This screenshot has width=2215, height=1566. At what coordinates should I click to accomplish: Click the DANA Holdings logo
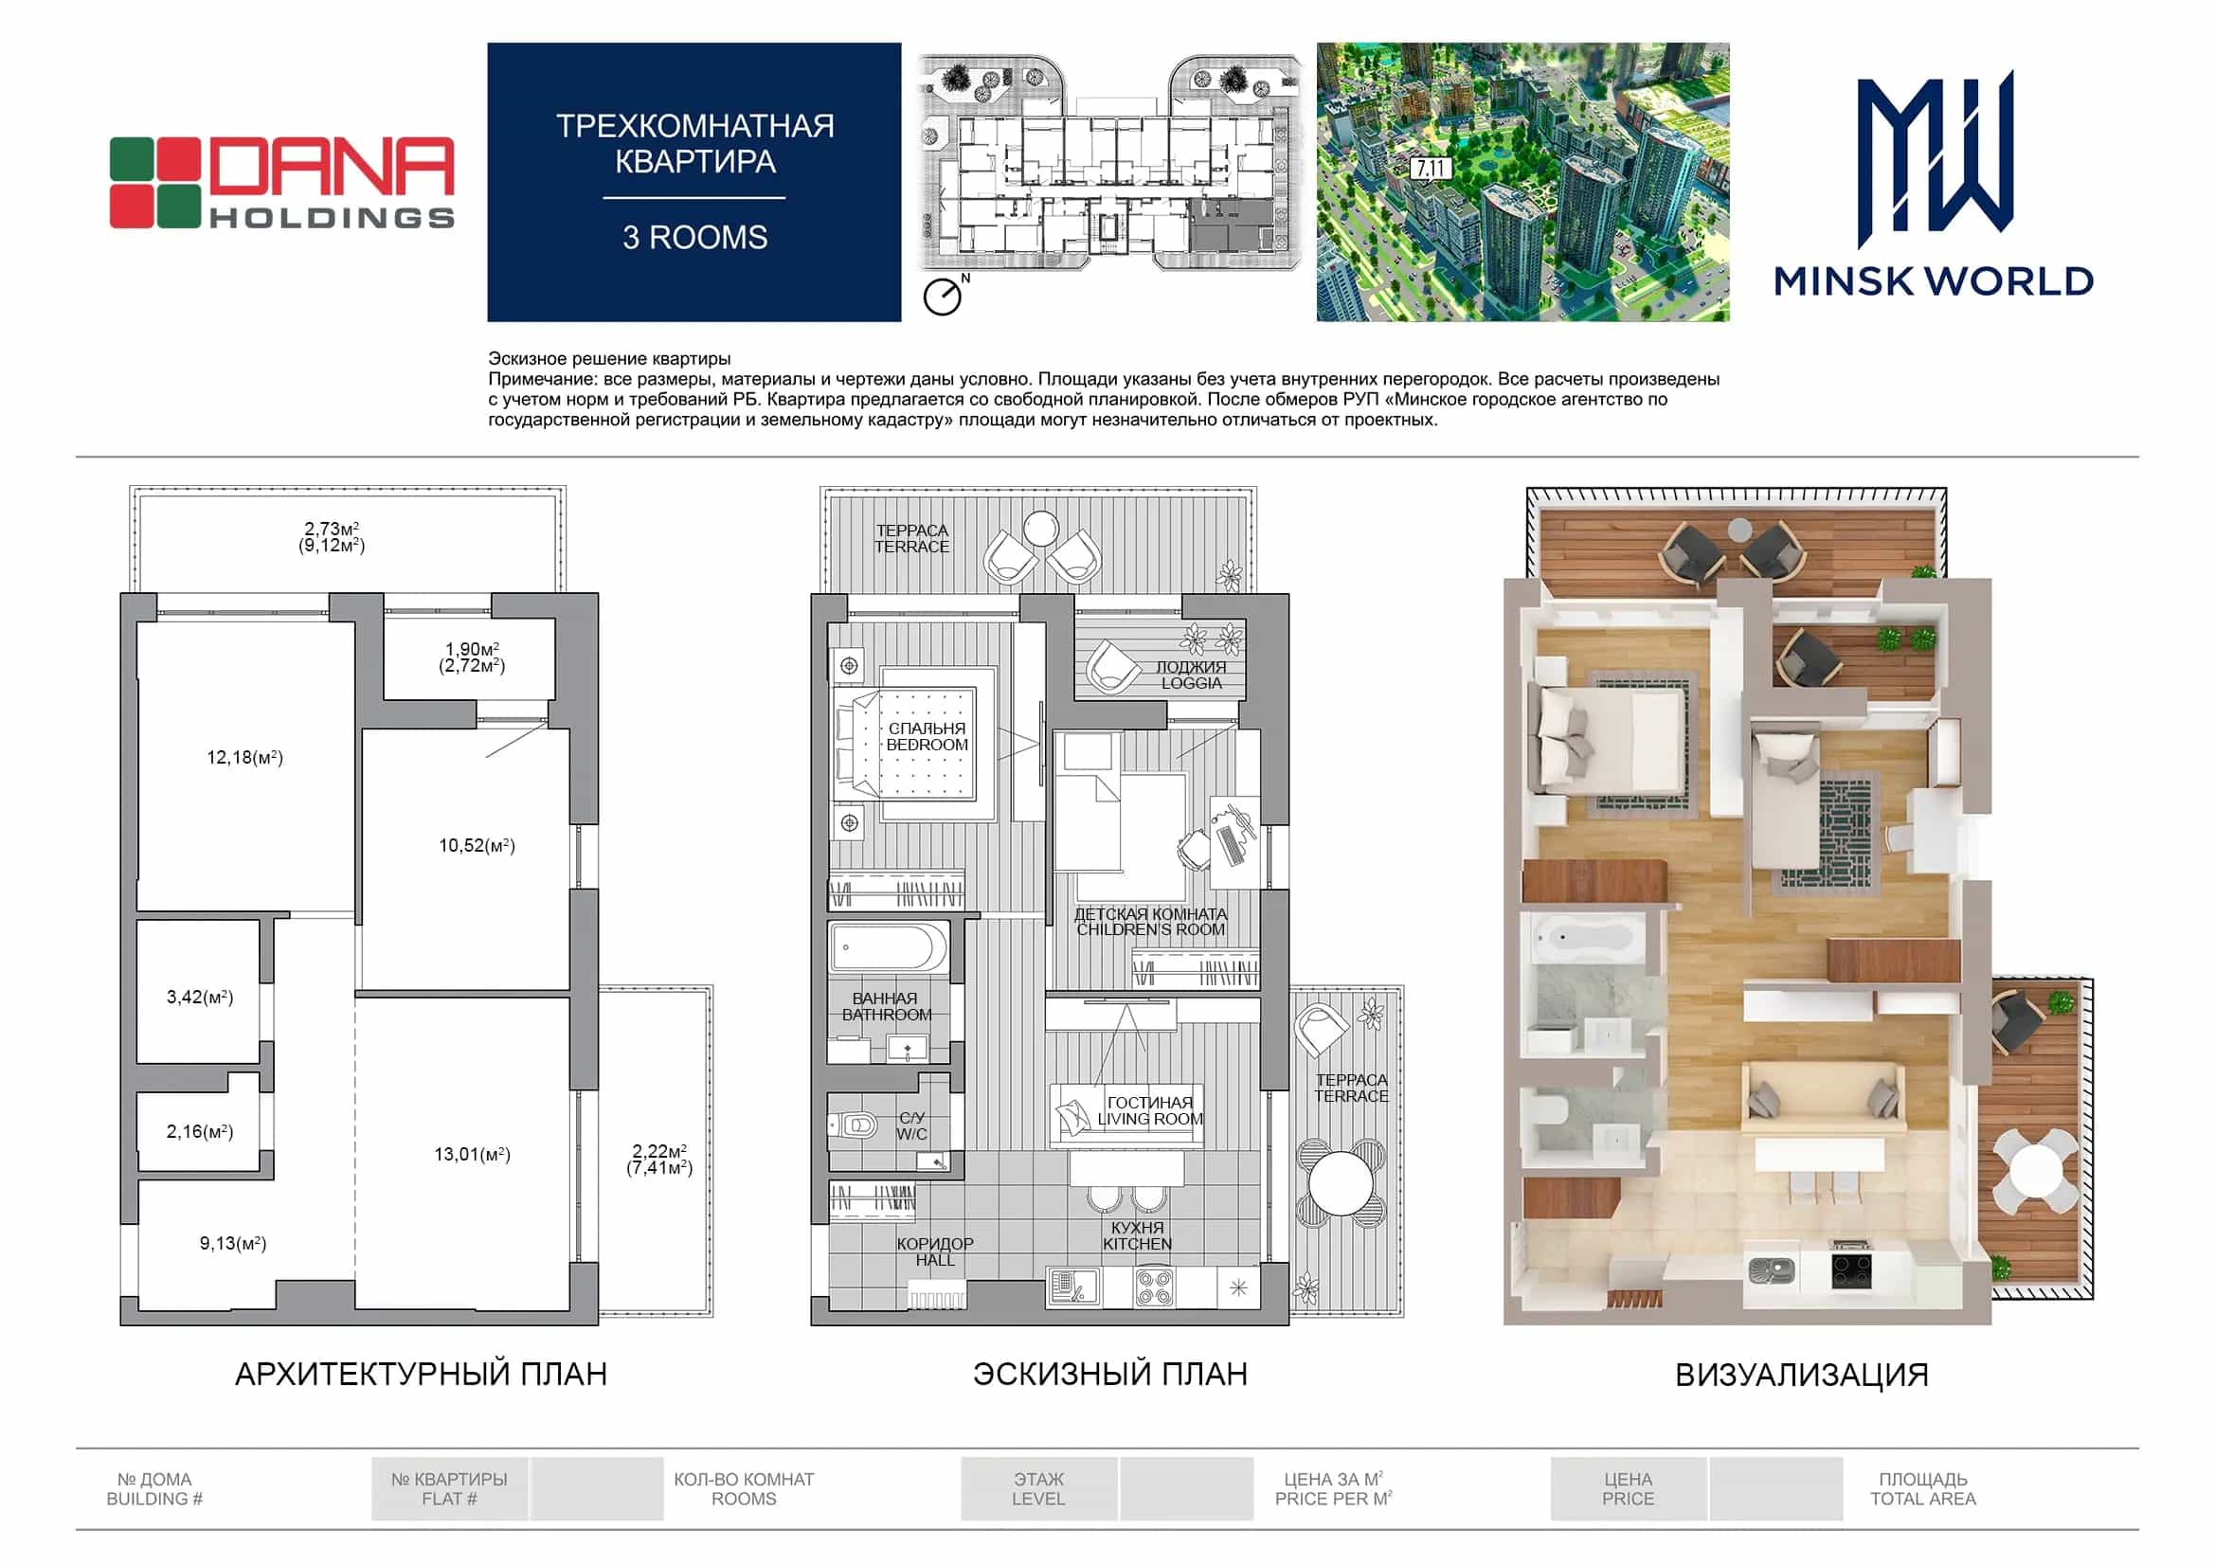[281, 184]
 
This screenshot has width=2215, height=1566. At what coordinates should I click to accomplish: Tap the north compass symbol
[945, 295]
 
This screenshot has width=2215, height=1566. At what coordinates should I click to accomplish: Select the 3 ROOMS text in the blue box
[694, 238]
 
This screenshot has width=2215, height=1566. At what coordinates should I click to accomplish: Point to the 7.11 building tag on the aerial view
[1431, 169]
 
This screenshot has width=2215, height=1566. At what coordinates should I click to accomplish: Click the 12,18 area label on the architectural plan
[245, 758]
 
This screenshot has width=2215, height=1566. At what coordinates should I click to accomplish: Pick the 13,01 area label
[473, 1154]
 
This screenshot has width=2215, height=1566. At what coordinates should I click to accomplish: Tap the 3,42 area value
[200, 997]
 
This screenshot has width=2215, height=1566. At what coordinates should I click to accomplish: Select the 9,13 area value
[233, 1243]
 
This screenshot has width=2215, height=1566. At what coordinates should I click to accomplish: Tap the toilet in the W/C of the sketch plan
[853, 1125]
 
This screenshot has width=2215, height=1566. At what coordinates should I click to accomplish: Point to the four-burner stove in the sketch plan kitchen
[1154, 1287]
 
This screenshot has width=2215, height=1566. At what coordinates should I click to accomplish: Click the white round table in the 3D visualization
[2035, 1171]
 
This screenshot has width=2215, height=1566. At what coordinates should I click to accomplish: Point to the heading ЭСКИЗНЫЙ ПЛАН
[1109, 1374]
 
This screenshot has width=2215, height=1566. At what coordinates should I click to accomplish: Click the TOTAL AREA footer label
[1922, 1499]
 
